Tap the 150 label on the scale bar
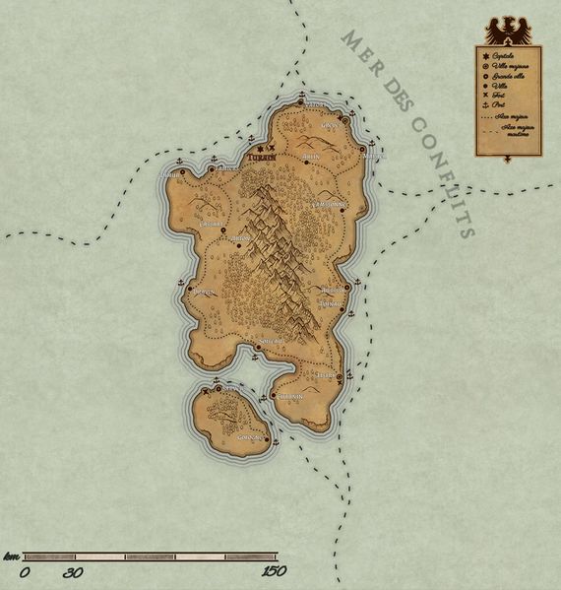coord(274,571)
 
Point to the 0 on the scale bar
coord(24,571)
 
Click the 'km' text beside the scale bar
coord(11,557)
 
